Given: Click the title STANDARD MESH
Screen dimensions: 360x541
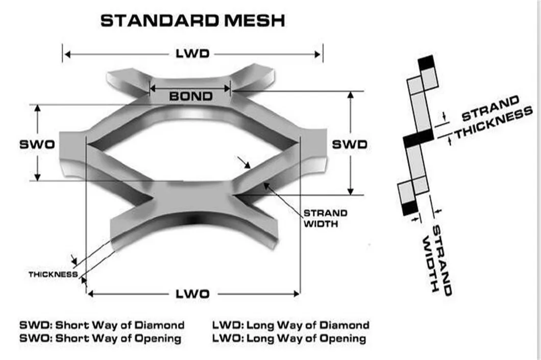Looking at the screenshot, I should click(192, 21).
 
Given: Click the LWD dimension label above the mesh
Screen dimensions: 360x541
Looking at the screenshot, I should click(192, 54).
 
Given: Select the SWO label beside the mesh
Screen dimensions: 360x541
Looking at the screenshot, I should click(37, 144).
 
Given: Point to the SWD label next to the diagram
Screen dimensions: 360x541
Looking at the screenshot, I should click(350, 144).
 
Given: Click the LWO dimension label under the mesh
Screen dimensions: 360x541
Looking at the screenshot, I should click(192, 294).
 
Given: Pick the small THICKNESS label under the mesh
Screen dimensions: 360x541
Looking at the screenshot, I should click(53, 274).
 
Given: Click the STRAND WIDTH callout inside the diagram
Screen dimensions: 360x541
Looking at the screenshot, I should click(325, 218).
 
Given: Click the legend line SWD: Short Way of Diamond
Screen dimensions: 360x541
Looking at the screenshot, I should click(102, 325).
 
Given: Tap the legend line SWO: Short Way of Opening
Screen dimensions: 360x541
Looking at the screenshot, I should click(100, 338).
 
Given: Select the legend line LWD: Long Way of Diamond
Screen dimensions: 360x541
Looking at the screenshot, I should click(290, 325).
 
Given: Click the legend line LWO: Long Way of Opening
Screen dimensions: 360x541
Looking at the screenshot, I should click(289, 338).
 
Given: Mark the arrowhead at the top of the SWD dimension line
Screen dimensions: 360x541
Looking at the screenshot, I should click(351, 95).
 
